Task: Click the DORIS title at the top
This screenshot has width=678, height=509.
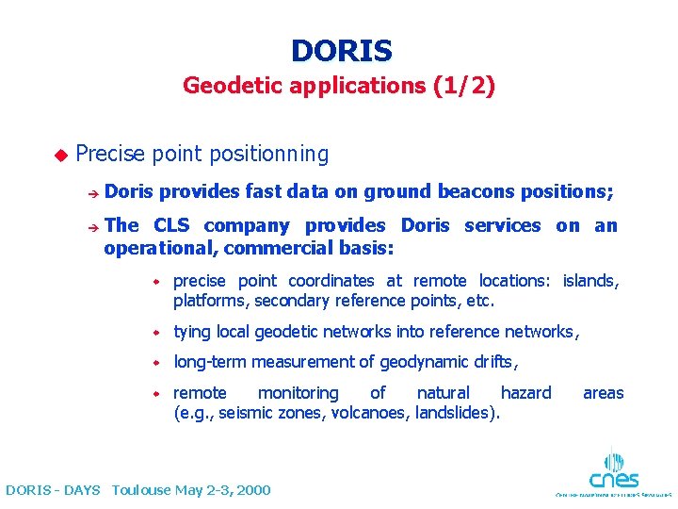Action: pos(341,50)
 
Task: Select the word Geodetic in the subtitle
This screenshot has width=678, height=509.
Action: pos(225,87)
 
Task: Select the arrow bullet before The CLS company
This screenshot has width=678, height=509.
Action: pos(92,226)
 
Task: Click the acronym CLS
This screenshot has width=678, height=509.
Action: pos(170,225)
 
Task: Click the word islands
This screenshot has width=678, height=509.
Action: pos(590,281)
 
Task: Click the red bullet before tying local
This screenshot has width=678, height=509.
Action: pos(160,333)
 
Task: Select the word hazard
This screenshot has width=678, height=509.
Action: pos(525,393)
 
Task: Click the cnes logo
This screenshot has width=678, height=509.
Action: pos(612,470)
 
